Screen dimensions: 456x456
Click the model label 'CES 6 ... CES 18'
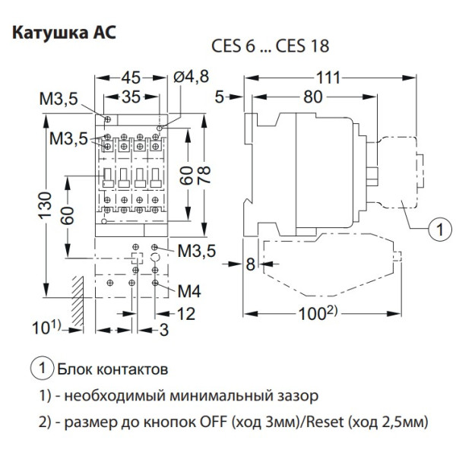270,46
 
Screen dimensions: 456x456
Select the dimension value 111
328,78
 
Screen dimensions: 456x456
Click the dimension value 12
185,313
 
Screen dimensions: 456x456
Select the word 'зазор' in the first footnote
291,395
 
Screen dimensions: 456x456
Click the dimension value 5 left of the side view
220,97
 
